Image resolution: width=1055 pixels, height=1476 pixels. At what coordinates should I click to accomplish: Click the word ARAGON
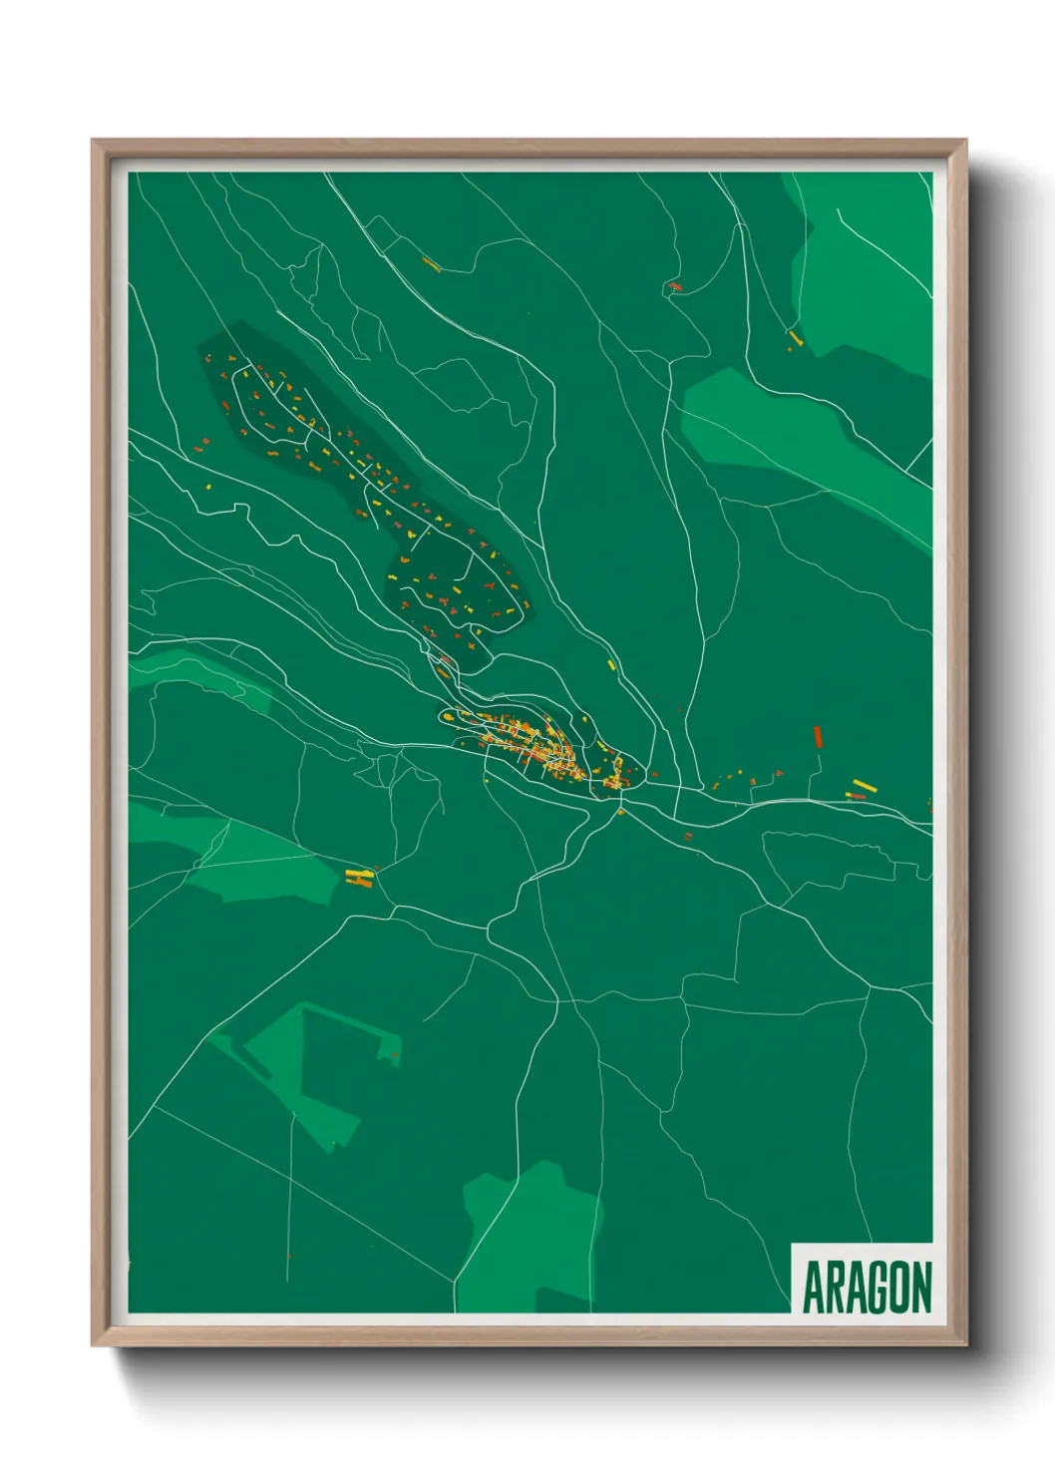[x=866, y=1288]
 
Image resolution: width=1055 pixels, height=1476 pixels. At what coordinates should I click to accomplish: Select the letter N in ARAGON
[x=919, y=1288]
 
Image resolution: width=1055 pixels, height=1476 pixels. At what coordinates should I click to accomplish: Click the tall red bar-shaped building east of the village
[x=818, y=737]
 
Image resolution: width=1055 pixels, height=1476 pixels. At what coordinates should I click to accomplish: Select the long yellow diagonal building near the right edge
[x=864, y=785]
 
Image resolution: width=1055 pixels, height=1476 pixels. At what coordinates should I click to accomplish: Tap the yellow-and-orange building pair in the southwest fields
[x=359, y=877]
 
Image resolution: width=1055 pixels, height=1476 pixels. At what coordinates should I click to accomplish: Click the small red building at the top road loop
[x=675, y=286]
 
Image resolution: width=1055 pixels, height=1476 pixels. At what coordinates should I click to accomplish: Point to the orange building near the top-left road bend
[x=431, y=264]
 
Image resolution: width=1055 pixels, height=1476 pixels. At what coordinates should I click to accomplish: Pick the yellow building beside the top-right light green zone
[x=794, y=338]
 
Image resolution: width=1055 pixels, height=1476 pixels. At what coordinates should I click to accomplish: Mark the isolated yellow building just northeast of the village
[x=611, y=663]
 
